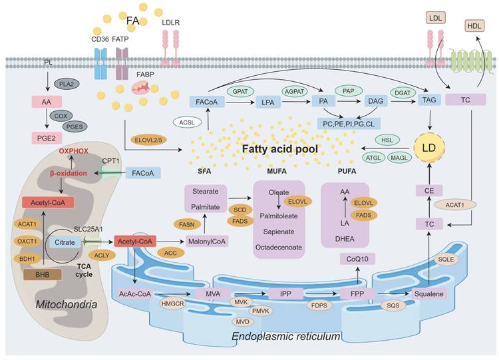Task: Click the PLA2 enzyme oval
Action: [x=66, y=84]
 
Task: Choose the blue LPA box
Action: [x=267, y=102]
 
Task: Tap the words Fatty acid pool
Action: [x=289, y=150]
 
